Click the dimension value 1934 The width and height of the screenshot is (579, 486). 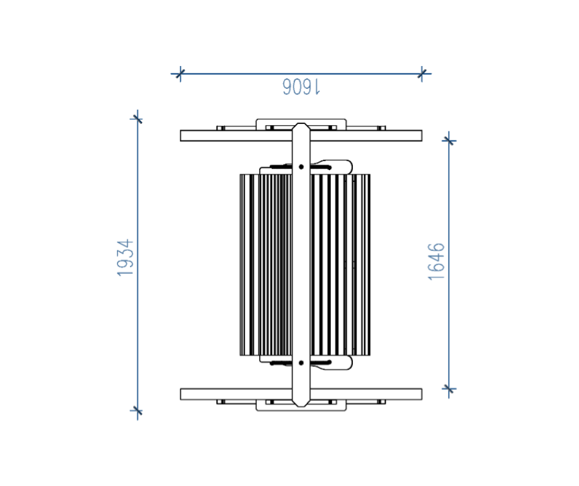125,257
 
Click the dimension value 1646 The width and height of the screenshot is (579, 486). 436,262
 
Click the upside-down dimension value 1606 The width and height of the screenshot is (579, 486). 301,87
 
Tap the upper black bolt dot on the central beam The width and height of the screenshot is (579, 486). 301,167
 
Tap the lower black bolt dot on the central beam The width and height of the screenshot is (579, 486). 301,363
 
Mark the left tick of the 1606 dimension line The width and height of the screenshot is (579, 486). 180,74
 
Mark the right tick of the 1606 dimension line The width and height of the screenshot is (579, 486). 422,74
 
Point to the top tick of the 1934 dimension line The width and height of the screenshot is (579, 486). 137,119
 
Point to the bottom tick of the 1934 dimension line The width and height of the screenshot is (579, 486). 137,411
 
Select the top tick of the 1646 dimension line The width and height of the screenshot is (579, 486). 449,141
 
